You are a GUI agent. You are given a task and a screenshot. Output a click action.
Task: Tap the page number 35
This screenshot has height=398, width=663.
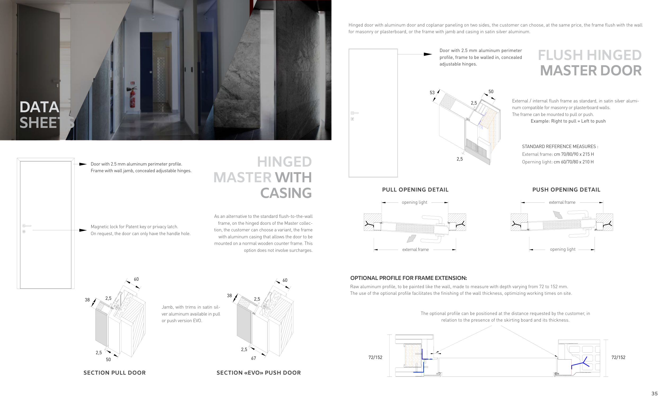coord(655,393)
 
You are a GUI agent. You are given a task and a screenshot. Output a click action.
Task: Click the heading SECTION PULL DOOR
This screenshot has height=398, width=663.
coord(114,373)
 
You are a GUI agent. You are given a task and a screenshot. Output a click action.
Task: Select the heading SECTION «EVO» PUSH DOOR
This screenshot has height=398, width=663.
coord(259,373)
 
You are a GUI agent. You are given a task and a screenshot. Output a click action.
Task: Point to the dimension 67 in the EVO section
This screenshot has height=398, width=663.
coord(254,358)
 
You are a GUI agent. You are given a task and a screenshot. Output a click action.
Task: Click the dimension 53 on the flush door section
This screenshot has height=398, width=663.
coord(432,93)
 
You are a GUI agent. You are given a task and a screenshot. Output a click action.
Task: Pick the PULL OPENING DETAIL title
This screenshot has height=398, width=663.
coord(415,190)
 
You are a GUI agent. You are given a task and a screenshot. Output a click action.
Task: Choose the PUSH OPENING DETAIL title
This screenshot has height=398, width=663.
coord(566,190)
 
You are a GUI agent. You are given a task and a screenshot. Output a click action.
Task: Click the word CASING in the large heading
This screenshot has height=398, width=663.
coord(286,193)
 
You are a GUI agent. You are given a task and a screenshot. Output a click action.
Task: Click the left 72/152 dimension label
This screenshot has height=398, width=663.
coord(375,357)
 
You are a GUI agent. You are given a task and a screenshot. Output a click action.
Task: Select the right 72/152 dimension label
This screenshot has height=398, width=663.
coord(618,357)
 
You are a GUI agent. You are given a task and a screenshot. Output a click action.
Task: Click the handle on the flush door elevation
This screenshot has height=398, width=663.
coord(355,113)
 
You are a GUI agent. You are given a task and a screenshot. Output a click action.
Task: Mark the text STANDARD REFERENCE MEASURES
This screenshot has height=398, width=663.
coord(560,146)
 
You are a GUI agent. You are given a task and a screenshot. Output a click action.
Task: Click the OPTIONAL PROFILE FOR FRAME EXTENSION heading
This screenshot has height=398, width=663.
coord(408,278)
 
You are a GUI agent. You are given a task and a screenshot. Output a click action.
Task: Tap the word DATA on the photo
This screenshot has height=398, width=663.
coord(39,107)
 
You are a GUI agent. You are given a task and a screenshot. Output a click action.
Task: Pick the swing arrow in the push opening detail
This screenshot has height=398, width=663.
coord(558,215)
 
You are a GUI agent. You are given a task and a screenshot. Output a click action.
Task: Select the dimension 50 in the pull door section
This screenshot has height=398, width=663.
coord(108,359)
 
